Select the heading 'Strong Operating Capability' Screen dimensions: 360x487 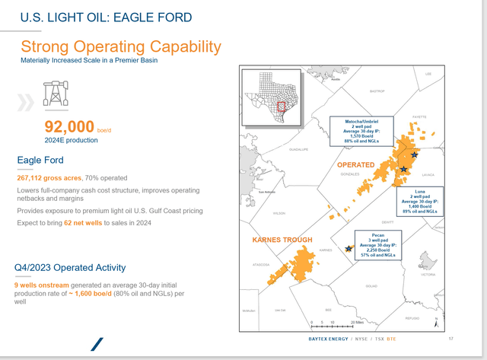(x=121, y=46)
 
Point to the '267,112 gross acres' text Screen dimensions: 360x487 (x=49, y=177)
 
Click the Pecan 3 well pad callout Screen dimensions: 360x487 (x=377, y=245)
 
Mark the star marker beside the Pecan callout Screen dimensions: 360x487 (x=349, y=248)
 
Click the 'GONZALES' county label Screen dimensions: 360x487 (x=349, y=174)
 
